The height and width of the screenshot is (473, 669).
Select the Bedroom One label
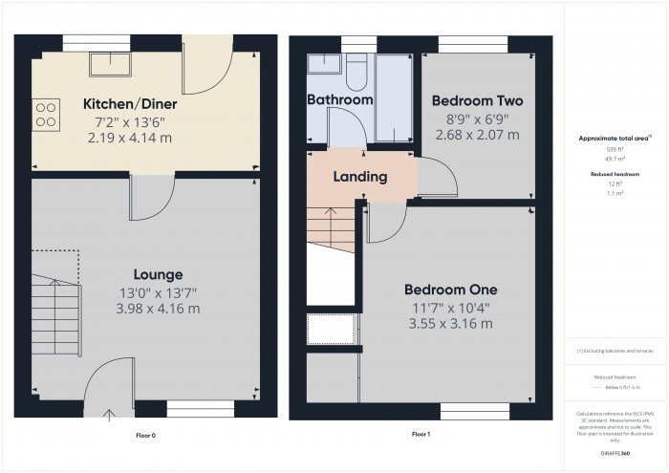tap(450, 290)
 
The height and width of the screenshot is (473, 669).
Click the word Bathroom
tap(339, 100)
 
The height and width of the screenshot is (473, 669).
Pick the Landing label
tap(359, 177)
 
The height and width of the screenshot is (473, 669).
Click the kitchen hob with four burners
tap(46, 115)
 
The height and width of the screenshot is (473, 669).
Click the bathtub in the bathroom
tap(395, 96)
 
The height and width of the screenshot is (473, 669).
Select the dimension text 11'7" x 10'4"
tap(450, 307)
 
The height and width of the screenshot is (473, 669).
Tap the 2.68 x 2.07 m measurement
tap(477, 135)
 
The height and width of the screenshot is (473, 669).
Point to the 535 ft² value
tap(615, 150)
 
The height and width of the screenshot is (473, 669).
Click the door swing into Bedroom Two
tap(431, 181)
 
